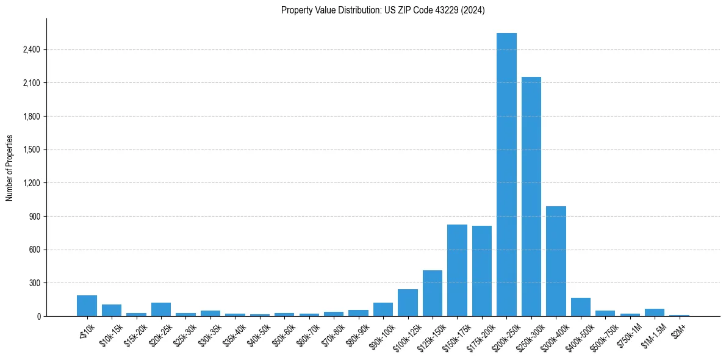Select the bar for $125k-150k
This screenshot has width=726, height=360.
coord(433,293)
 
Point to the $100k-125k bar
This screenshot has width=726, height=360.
coord(408,303)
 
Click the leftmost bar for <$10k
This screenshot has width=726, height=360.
coord(87,306)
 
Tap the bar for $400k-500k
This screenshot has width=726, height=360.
coord(581,307)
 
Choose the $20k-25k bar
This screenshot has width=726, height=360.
coord(161,309)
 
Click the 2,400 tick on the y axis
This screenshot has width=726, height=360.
coord(31,49)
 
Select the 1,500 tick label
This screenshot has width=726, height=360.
coord(31,149)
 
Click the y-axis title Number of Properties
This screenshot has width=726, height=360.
coord(10,167)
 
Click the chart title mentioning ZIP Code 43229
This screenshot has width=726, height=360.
coord(383,10)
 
